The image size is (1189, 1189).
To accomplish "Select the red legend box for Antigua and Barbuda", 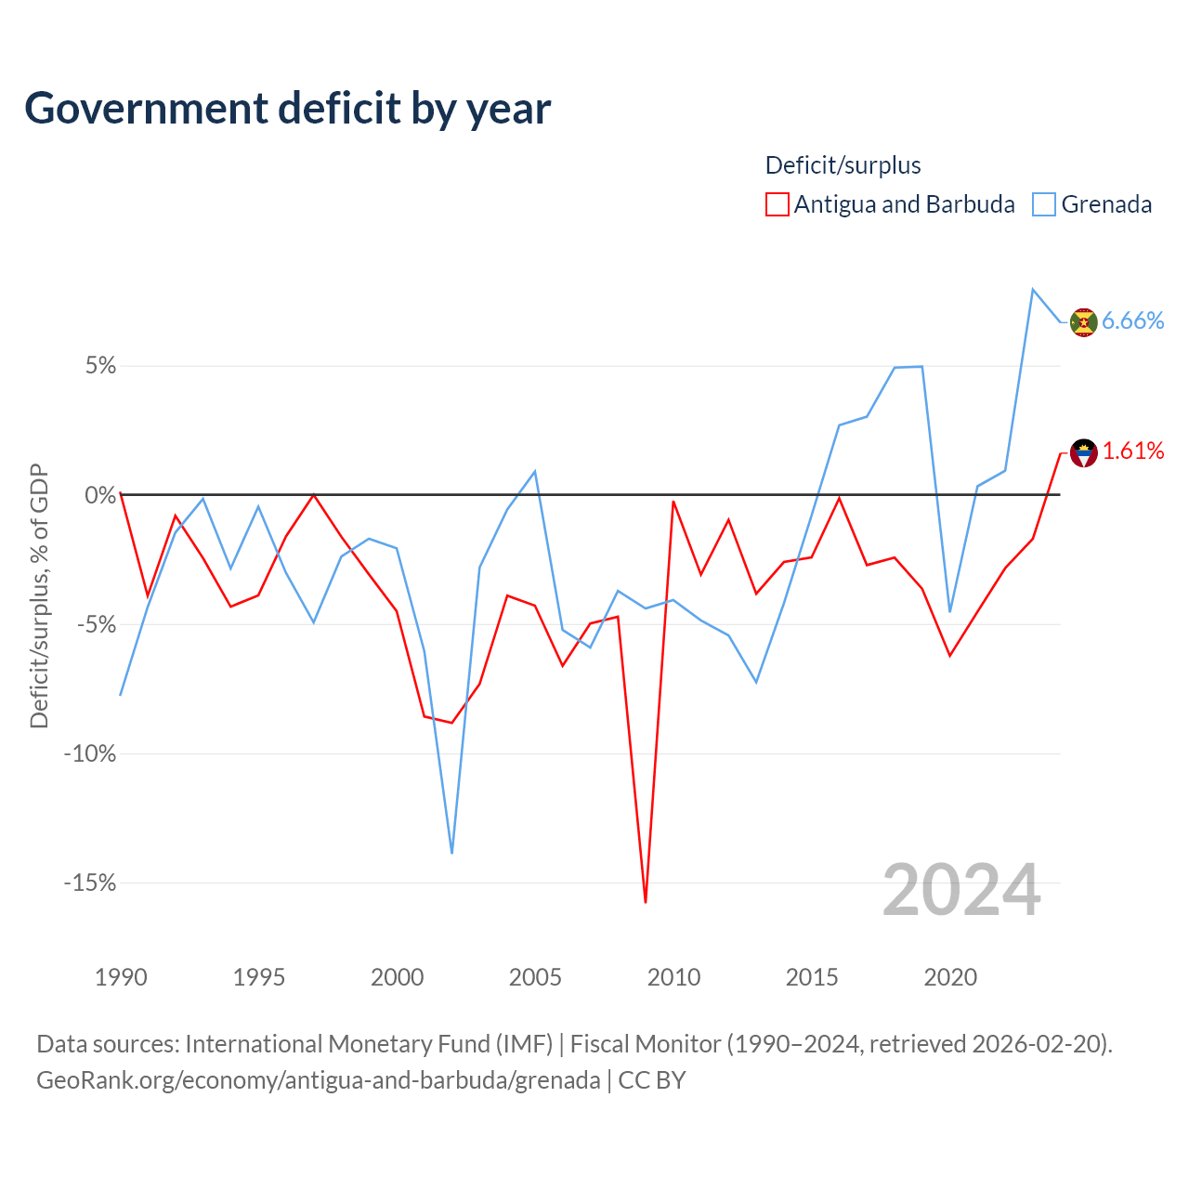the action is tap(777, 204).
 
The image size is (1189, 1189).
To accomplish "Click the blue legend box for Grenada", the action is tap(1043, 204).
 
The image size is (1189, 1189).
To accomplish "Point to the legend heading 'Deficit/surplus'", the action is tap(843, 165).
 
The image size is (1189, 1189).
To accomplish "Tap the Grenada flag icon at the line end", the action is tap(1083, 322).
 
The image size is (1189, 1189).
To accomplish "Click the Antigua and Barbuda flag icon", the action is tap(1083, 453).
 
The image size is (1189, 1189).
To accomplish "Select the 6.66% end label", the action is tap(1132, 320).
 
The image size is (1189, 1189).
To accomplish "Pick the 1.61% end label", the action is tap(1133, 451).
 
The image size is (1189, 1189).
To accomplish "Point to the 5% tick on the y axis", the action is tap(100, 366).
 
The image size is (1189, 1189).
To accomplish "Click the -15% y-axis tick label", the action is tap(90, 883).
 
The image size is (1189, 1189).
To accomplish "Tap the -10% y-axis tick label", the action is tap(90, 753).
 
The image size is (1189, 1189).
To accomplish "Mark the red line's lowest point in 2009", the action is tap(646, 902).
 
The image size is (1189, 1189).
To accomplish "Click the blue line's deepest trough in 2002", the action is tap(451, 854).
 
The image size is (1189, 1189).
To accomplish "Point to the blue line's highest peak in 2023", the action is tap(1032, 290).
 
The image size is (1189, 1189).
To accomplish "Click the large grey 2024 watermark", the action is tap(961, 890).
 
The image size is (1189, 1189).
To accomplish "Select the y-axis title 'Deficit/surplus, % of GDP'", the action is tap(40, 596).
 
